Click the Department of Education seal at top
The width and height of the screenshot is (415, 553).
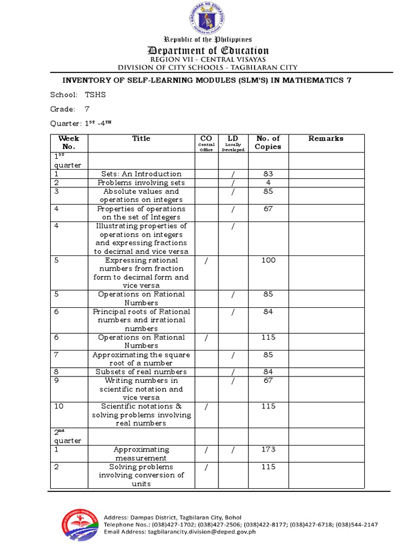207,19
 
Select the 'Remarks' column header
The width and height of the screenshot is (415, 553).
326,139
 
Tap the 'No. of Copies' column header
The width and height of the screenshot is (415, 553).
268,143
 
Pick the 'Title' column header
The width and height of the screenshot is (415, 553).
141,139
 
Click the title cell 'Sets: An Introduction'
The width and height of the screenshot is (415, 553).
141,174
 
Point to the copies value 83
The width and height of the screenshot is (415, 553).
268,174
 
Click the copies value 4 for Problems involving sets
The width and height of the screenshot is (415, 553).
268,183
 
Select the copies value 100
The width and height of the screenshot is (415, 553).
268,260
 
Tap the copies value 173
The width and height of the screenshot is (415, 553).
268,450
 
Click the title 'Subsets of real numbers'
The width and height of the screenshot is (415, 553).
141,372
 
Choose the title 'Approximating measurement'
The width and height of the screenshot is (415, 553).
141,454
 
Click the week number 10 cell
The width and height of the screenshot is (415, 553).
59,407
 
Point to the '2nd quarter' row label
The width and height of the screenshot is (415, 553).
68,436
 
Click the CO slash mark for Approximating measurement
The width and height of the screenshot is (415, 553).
206,450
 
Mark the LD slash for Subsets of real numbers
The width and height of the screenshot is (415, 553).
232,372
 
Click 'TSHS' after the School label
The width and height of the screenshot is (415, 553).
96,95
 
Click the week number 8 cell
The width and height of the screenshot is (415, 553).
57,372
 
